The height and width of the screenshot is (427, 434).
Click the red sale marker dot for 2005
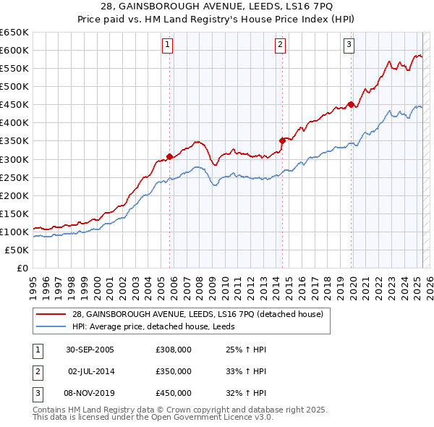170,156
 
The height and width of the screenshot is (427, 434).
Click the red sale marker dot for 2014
282,140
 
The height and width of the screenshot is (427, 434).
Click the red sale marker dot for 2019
351,104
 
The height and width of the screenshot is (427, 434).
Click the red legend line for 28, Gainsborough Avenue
51,314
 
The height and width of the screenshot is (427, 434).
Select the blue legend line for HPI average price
51,326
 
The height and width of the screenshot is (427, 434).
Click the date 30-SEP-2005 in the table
90,350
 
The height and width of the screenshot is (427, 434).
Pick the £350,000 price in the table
174,371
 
